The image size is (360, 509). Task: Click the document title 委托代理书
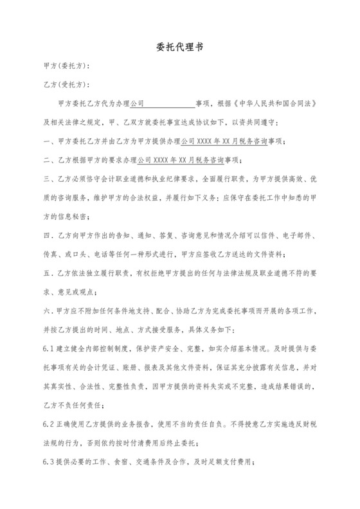coord(179,48)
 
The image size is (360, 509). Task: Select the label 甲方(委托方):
coord(66,66)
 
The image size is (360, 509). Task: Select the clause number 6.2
coord(50,427)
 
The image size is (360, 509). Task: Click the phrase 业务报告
coord(145,427)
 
